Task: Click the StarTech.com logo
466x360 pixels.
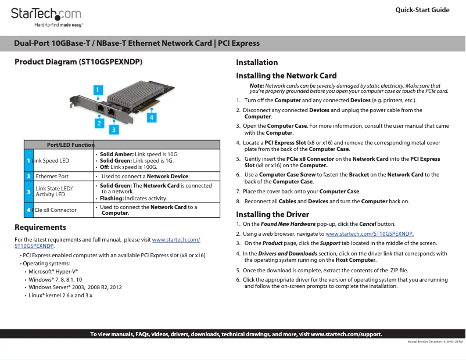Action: [x=46, y=15]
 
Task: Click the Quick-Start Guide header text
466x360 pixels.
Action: [x=422, y=10]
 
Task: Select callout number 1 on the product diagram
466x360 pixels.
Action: [x=99, y=89]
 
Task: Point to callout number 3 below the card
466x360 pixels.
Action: [x=114, y=128]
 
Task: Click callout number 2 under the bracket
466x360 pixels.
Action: [x=99, y=123]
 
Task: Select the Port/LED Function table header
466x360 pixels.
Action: [x=70, y=145]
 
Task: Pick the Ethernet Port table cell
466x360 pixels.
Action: [x=52, y=176]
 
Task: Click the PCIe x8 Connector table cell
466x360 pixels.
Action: [x=55, y=210]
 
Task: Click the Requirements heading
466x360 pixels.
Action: [x=40, y=227]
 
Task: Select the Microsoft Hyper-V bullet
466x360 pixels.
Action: [x=53, y=271]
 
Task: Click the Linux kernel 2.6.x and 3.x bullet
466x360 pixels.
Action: [x=60, y=296]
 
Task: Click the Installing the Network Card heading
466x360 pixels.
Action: [x=286, y=75]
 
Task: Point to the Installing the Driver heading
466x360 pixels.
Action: [x=273, y=214]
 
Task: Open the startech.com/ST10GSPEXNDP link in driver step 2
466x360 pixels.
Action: [x=370, y=233]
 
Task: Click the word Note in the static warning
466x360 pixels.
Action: [x=256, y=86]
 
